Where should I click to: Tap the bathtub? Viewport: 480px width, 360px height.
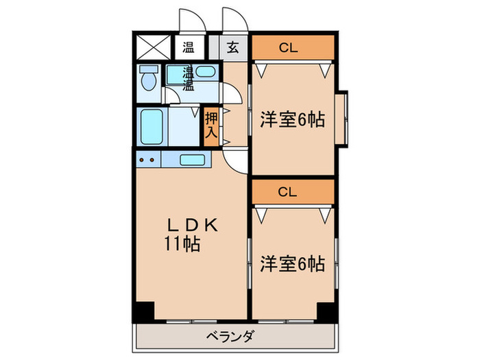pyautogui.click(x=150, y=125)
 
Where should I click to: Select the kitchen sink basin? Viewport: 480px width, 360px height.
pyautogui.click(x=196, y=160)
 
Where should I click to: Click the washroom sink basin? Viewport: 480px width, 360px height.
pyautogui.click(x=206, y=71)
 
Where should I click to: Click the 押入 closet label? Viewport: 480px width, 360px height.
pyautogui.click(x=211, y=125)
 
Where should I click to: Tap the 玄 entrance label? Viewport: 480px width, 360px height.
pyautogui.click(x=233, y=48)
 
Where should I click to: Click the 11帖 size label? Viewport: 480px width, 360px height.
pyautogui.click(x=182, y=243)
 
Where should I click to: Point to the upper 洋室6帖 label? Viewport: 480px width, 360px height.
pyautogui.click(x=292, y=120)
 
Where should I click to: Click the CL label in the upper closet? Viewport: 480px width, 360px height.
pyautogui.click(x=292, y=48)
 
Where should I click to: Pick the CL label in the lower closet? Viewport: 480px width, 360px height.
pyautogui.click(x=292, y=192)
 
